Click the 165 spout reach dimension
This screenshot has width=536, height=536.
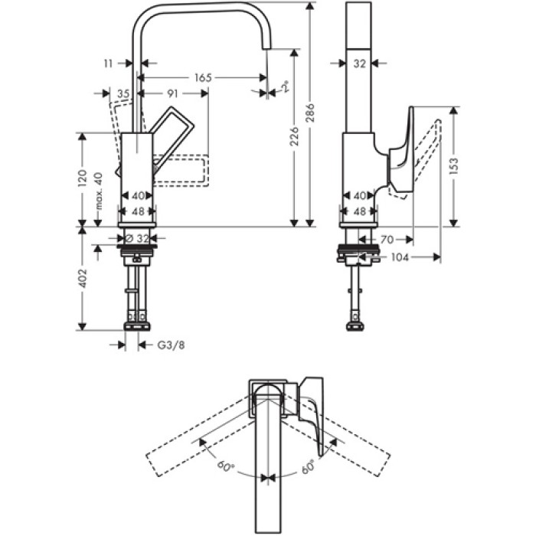[202, 77]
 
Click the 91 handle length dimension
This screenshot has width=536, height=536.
[174, 93]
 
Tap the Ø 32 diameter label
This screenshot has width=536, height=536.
[138, 238]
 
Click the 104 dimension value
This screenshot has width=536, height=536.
[400, 257]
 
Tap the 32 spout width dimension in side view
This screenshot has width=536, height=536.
[360, 64]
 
